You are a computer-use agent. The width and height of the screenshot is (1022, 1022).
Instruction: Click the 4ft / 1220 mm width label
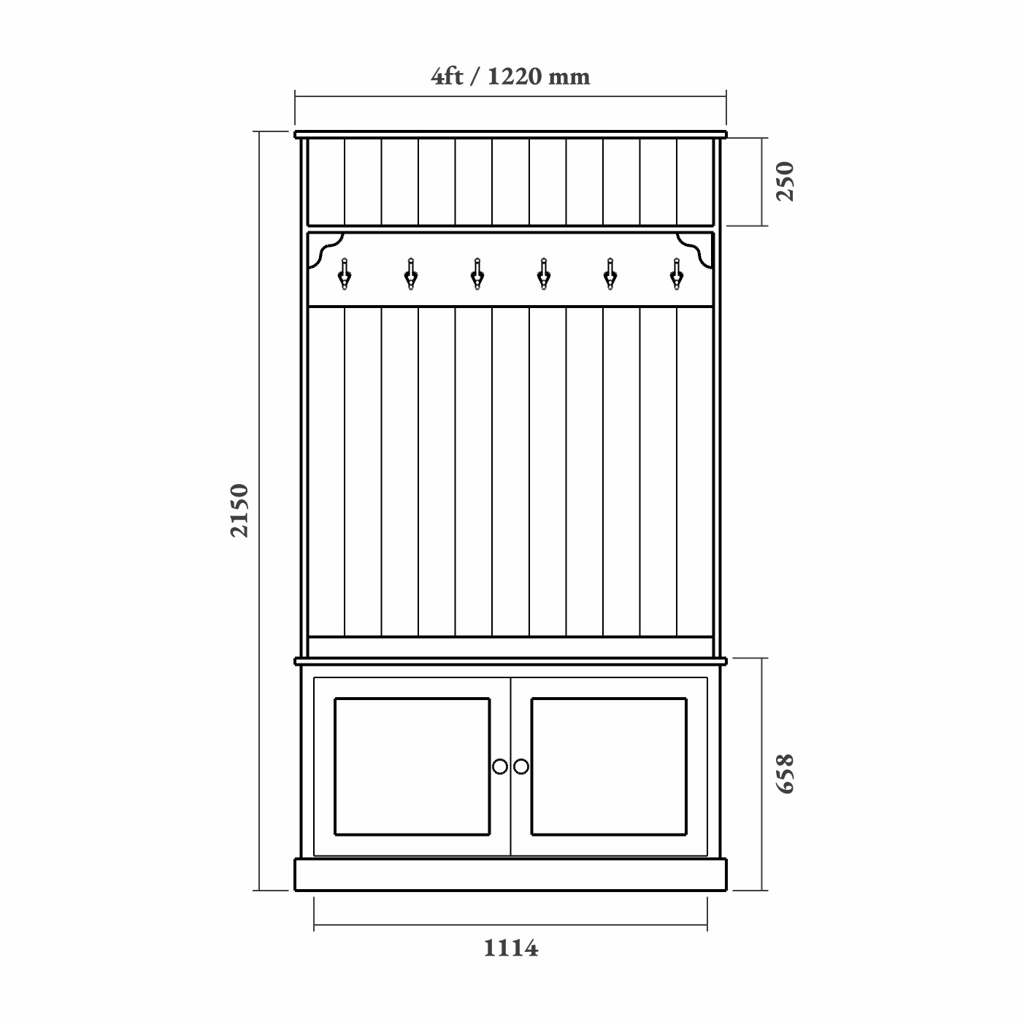(510, 76)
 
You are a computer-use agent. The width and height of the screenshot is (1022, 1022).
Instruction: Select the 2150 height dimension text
(239, 510)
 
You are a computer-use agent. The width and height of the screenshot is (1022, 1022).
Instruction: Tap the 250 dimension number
(785, 181)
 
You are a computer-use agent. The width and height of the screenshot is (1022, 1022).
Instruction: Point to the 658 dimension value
(785, 774)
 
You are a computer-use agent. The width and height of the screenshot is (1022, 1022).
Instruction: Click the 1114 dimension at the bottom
(510, 948)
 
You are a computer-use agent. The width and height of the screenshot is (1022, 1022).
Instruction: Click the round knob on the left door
(500, 766)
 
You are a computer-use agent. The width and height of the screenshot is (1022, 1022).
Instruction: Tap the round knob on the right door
(521, 766)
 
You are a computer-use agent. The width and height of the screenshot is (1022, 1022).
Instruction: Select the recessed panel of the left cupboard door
(412, 766)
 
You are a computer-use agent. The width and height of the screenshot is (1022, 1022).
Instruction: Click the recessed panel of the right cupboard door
(609, 766)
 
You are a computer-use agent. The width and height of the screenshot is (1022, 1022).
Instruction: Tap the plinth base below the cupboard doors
(510, 875)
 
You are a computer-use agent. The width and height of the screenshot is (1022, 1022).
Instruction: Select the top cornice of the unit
(510, 134)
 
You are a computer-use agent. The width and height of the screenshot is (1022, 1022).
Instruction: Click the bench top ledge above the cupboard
(510, 661)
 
